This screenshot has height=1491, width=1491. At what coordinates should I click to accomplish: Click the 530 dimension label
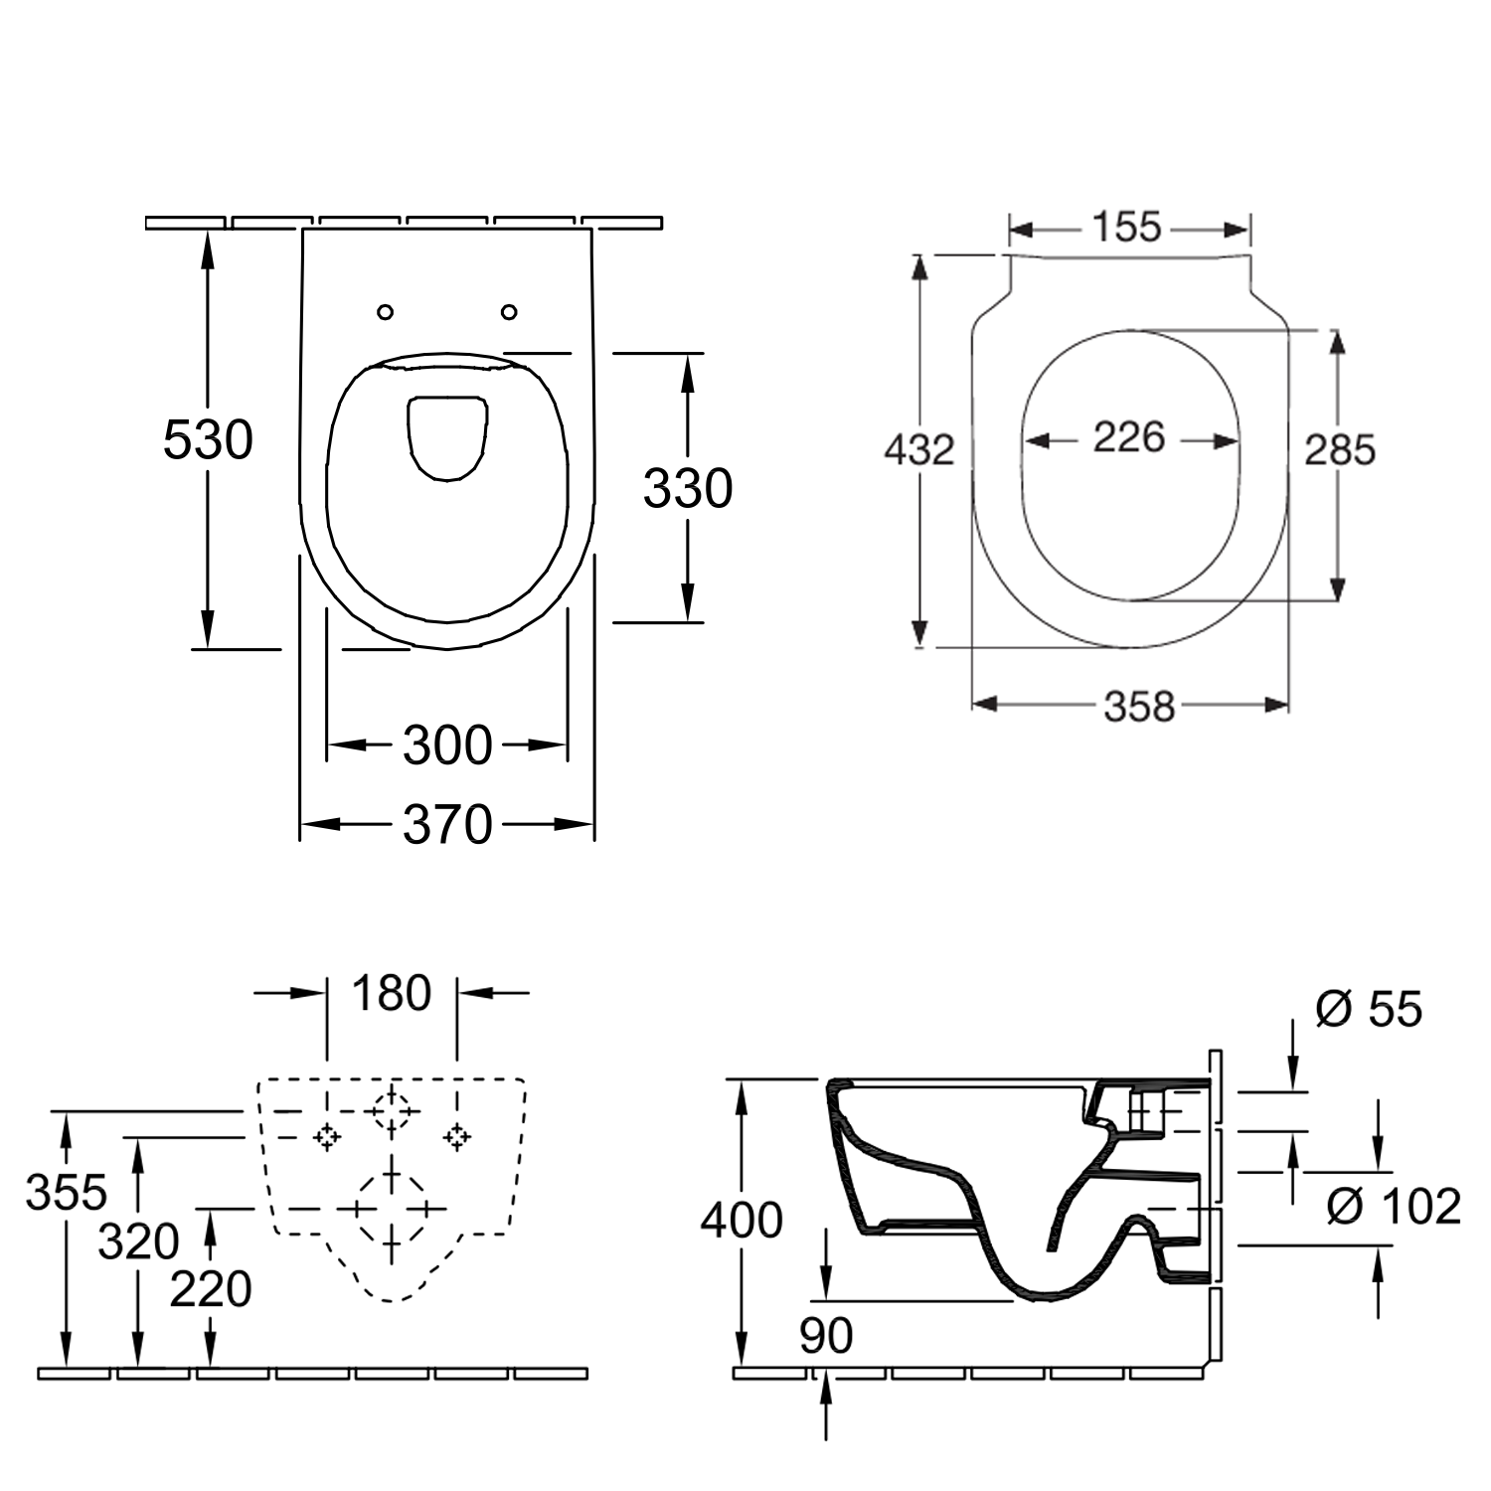pyautogui.click(x=208, y=439)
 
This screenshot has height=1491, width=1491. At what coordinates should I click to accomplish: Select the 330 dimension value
pyautogui.click(x=688, y=488)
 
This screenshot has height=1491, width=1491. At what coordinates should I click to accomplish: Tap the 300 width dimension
pyautogui.click(x=447, y=745)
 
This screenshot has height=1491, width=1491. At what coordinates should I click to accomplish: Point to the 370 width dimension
pyautogui.click(x=447, y=824)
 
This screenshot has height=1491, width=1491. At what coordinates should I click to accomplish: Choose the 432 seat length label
pyautogui.click(x=919, y=450)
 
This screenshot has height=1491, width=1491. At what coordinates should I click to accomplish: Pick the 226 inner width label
pyautogui.click(x=1129, y=436)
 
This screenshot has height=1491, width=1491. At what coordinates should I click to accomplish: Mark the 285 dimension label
pyautogui.click(x=1340, y=450)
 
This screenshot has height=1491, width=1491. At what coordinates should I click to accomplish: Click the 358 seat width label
pyautogui.click(x=1140, y=707)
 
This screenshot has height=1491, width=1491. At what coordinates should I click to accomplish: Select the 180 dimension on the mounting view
pyautogui.click(x=392, y=993)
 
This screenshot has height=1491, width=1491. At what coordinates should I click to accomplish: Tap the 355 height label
pyautogui.click(x=67, y=1192)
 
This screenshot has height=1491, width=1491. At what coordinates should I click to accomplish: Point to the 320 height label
pyautogui.click(x=139, y=1242)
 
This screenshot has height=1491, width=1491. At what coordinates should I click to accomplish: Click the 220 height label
pyautogui.click(x=211, y=1289)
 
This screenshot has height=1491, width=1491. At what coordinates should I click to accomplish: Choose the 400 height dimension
pyautogui.click(x=742, y=1220)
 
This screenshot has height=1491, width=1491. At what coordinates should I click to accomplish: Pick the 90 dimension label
pyautogui.click(x=826, y=1336)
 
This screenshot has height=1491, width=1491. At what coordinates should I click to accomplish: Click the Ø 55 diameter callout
pyautogui.click(x=1369, y=1009)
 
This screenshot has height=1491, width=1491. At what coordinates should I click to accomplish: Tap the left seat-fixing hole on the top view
pyautogui.click(x=386, y=312)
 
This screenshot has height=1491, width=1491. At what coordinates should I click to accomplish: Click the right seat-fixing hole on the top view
pyautogui.click(x=509, y=312)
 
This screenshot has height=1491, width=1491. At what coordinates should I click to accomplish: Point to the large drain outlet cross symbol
pyautogui.click(x=392, y=1209)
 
